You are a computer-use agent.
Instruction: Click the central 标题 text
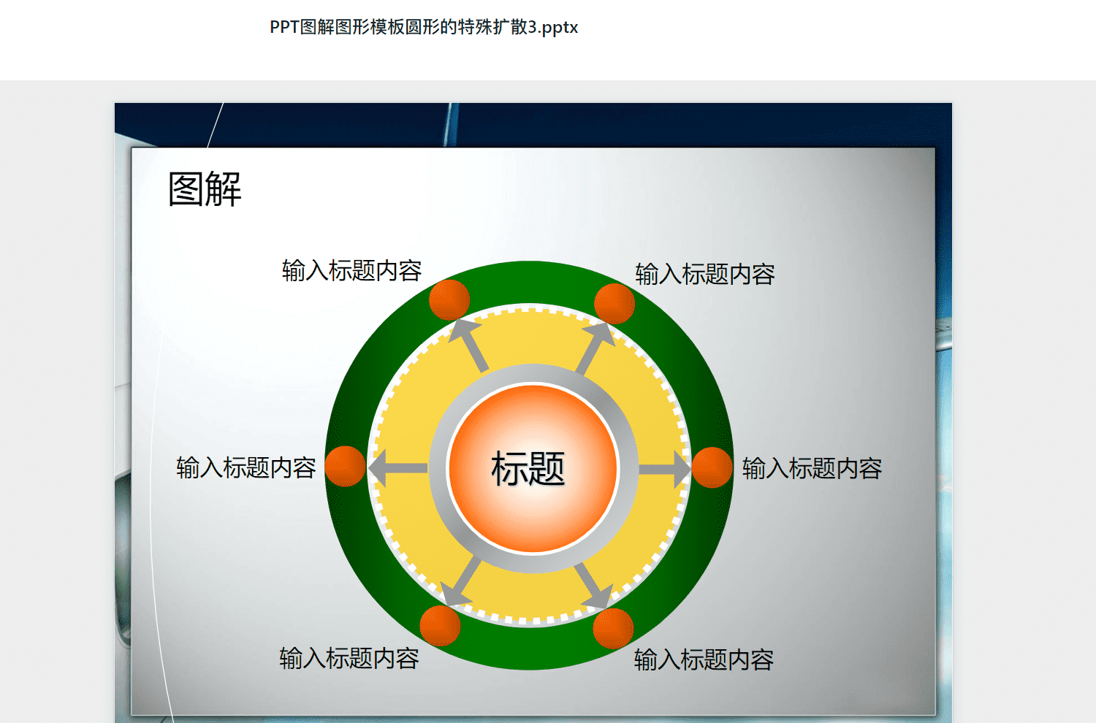[528, 469]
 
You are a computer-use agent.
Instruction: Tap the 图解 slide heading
[205, 189]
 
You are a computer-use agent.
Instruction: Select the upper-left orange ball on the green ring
[449, 300]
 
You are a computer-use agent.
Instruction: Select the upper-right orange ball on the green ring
[614, 304]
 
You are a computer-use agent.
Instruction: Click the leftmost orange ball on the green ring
[345, 466]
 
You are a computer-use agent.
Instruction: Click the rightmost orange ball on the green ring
[712, 467]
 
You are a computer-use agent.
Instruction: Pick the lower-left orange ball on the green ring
[440, 626]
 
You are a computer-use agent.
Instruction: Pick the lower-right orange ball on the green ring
[613, 629]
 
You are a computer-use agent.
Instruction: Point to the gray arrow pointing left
[397, 468]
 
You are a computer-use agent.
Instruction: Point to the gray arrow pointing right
[664, 470]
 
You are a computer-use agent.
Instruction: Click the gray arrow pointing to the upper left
[469, 345]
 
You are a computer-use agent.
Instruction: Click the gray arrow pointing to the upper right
[595, 348]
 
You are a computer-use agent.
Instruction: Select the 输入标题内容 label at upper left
[351, 270]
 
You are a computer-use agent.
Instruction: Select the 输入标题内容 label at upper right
[705, 274]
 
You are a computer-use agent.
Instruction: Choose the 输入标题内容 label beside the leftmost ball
[246, 467]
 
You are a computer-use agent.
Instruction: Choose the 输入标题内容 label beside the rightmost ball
[813, 469]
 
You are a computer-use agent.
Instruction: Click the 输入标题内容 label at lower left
[349, 659]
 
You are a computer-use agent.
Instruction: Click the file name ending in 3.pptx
[424, 27]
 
